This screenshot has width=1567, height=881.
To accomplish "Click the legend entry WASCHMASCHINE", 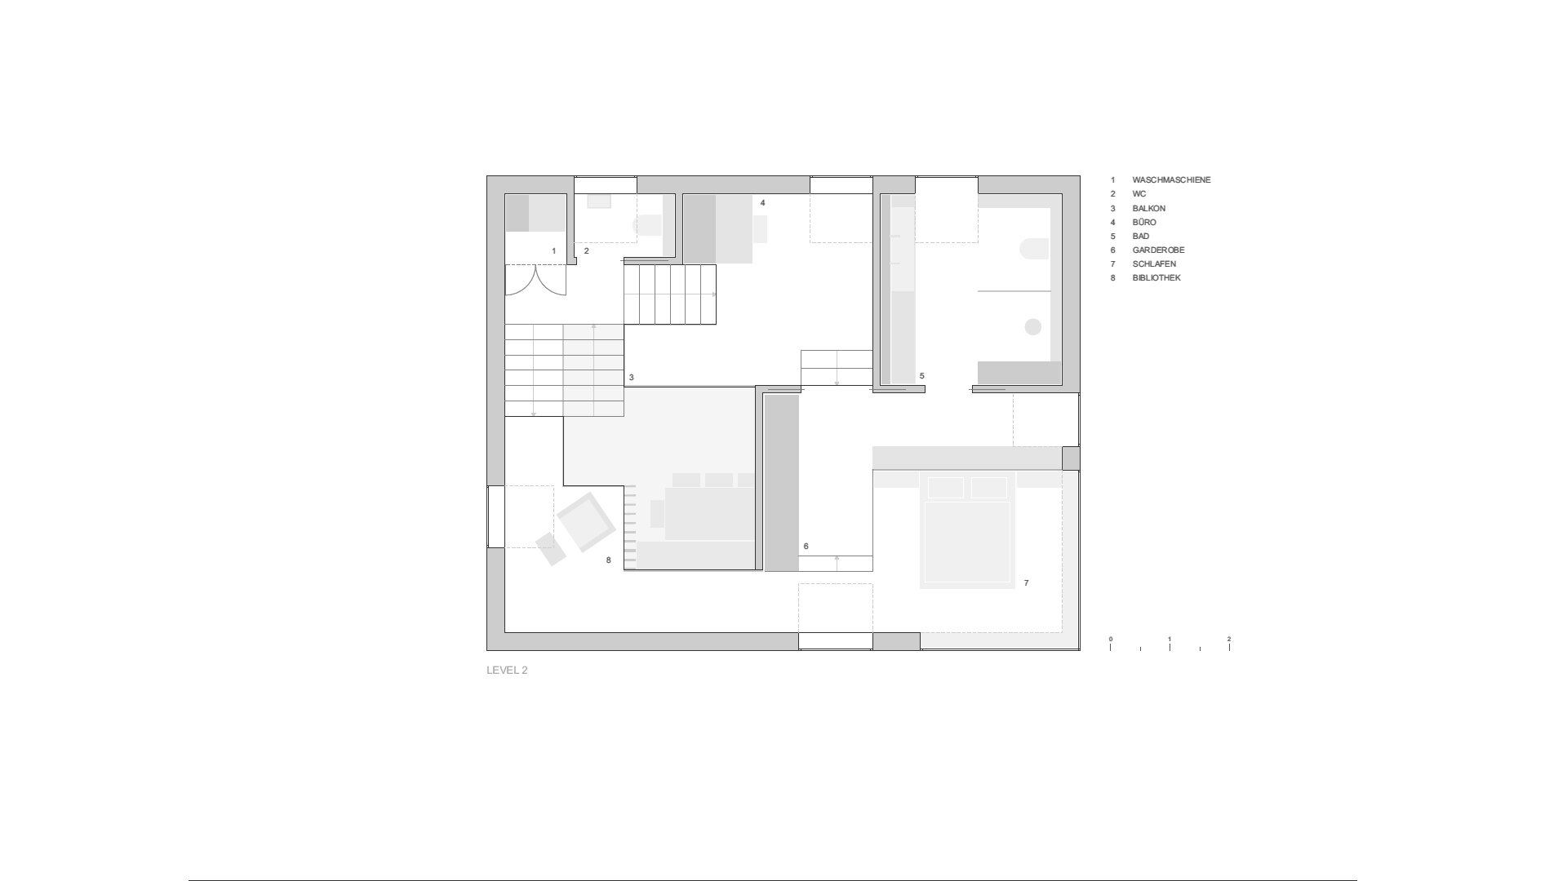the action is (1171, 179).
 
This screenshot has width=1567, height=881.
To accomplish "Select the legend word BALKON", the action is (1148, 208).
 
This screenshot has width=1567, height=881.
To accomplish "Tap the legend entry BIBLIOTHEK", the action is (1156, 277).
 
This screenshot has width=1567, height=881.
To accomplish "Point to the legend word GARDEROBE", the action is (1158, 250).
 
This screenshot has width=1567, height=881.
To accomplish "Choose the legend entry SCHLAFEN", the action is (1154, 263).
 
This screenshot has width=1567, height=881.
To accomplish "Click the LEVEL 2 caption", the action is (507, 671).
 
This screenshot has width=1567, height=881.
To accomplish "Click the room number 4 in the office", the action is (762, 202).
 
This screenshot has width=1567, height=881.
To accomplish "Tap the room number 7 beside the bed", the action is (1026, 582).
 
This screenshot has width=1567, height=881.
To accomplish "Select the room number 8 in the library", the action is (608, 560).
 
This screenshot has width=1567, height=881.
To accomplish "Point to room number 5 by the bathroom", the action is (921, 376).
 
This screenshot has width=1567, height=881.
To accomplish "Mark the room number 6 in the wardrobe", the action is (806, 546).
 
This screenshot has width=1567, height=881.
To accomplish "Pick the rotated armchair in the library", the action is (586, 522).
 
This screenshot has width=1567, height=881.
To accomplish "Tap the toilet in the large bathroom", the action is (1035, 248).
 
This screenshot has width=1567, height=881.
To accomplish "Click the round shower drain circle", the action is (1032, 326).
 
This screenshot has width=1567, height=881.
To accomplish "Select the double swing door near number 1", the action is (535, 280).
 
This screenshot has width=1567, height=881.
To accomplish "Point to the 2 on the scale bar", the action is (1228, 639).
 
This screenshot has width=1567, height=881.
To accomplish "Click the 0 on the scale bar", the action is (1110, 639).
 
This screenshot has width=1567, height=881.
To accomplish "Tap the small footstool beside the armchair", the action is (551, 549).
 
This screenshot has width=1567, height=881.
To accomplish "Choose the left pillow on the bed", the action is (946, 487).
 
